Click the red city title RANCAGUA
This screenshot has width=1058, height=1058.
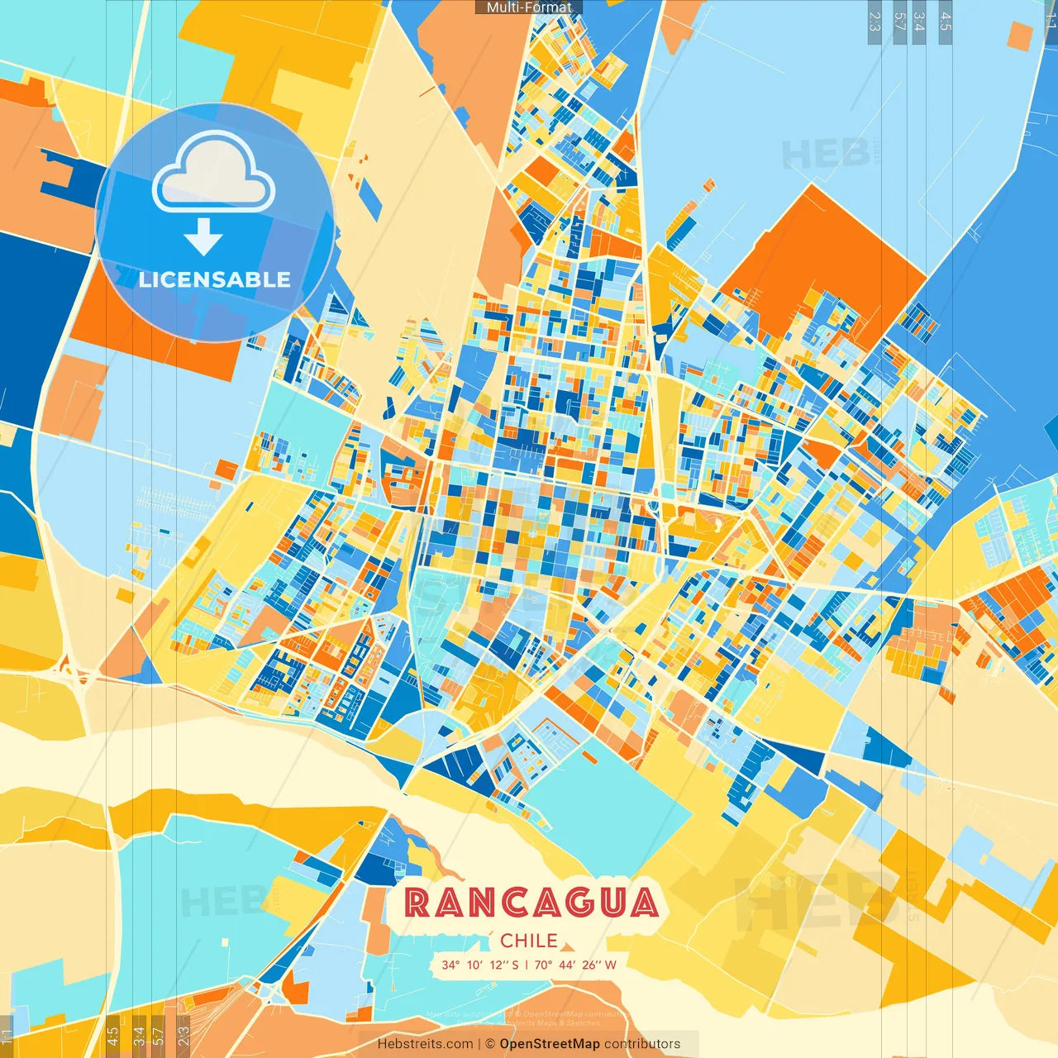(531, 903)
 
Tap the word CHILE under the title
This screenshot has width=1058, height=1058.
(529, 941)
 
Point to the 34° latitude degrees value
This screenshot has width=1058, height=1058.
(450, 965)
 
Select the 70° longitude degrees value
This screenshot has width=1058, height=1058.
(543, 965)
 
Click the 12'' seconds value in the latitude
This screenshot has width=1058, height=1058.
(500, 965)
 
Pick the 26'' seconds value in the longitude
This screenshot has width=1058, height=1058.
(592, 965)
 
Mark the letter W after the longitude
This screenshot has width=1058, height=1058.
(611, 965)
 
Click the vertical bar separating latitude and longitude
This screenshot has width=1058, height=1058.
(526, 965)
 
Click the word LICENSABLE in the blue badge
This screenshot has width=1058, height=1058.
(215, 279)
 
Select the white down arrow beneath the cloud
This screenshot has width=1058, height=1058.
(203, 236)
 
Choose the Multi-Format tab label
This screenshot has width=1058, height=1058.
(529, 7)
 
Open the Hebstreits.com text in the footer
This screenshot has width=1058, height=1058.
(425, 1044)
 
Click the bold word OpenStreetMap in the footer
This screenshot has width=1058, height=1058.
(550, 1044)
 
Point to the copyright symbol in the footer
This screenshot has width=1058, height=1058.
(490, 1044)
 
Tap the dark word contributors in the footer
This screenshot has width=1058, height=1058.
(642, 1044)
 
